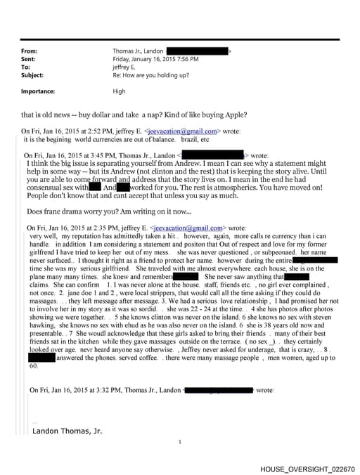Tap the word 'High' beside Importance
tap(120, 91)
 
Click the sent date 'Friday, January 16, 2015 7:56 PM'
tap(155, 59)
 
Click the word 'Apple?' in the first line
tap(233, 115)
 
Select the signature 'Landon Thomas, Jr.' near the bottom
tap(68, 431)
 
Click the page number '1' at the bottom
tap(180, 442)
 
